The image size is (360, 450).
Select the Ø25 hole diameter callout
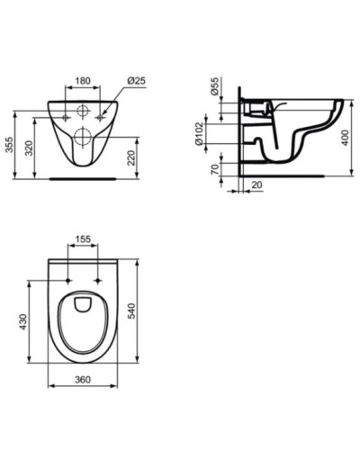(x=137, y=79)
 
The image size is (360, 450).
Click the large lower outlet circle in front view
(x=83, y=138)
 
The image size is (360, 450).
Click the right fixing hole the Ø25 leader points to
(x=100, y=115)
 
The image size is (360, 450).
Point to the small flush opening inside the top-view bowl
(x=82, y=302)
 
